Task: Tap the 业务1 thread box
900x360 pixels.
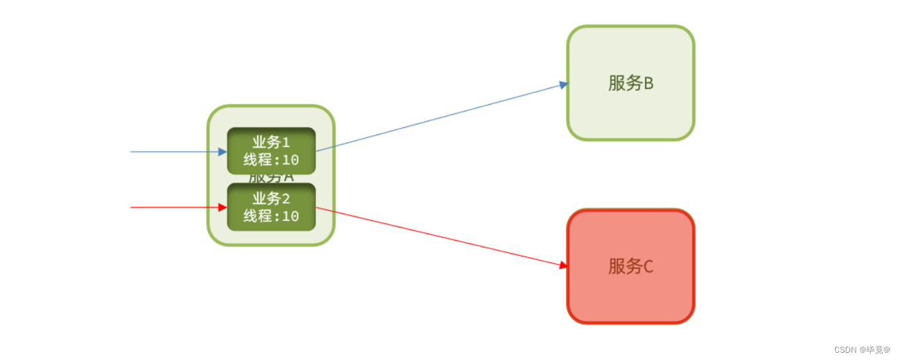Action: (x=271, y=150)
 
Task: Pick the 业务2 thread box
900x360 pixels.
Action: (x=271, y=207)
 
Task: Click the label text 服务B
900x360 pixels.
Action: (x=630, y=83)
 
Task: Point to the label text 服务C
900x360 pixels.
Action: (x=630, y=266)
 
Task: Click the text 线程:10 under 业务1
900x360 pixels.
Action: (x=271, y=160)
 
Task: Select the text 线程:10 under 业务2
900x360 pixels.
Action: (x=271, y=216)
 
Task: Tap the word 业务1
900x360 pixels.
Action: (x=271, y=142)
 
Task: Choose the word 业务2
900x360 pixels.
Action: (x=271, y=198)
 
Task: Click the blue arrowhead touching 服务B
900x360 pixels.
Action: (x=563, y=84)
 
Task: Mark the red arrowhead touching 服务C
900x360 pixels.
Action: (x=563, y=265)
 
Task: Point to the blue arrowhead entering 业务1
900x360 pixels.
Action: (x=223, y=152)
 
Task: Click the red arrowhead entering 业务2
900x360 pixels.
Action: (x=223, y=208)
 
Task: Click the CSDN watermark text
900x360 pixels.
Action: (x=862, y=349)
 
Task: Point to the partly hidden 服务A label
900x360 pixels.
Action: (x=271, y=178)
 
